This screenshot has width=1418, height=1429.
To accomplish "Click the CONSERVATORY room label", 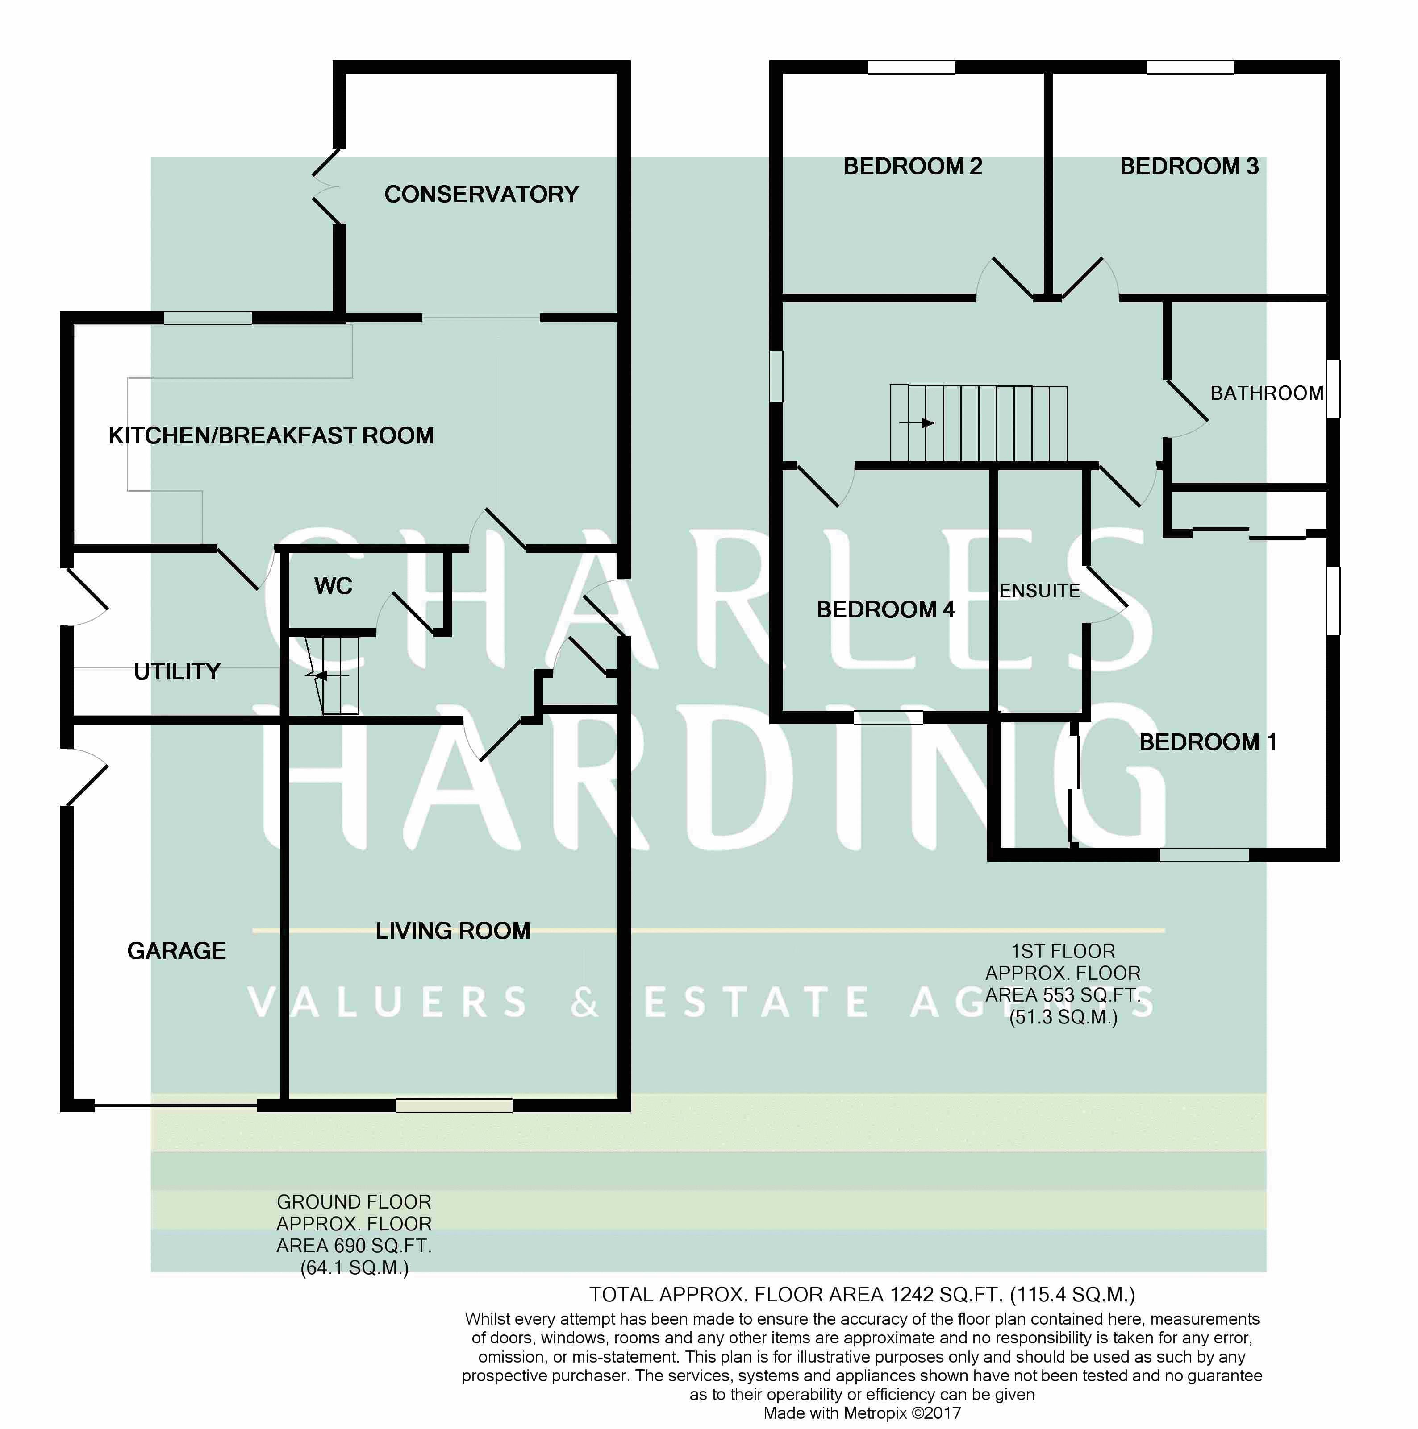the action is pyautogui.click(x=481, y=194).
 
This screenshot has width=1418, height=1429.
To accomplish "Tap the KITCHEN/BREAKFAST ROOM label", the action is pyautogui.click(x=271, y=435).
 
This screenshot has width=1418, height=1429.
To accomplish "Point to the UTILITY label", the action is pyautogui.click(x=178, y=671).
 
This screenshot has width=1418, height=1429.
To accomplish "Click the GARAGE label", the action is pyautogui.click(x=176, y=950).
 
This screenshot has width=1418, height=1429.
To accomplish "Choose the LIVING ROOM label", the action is pyautogui.click(x=453, y=931).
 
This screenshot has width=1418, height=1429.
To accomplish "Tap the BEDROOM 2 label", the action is pyautogui.click(x=913, y=166).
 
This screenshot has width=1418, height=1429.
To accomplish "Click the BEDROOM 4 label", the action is pyautogui.click(x=885, y=609).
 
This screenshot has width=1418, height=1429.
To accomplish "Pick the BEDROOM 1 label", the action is pyautogui.click(x=1207, y=742).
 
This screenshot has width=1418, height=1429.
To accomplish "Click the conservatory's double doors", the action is pyautogui.click(x=325, y=186).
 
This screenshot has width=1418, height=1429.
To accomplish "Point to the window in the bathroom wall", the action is pyautogui.click(x=1332, y=388).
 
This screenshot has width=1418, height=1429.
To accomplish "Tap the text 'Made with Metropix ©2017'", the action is pyautogui.click(x=862, y=1413).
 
